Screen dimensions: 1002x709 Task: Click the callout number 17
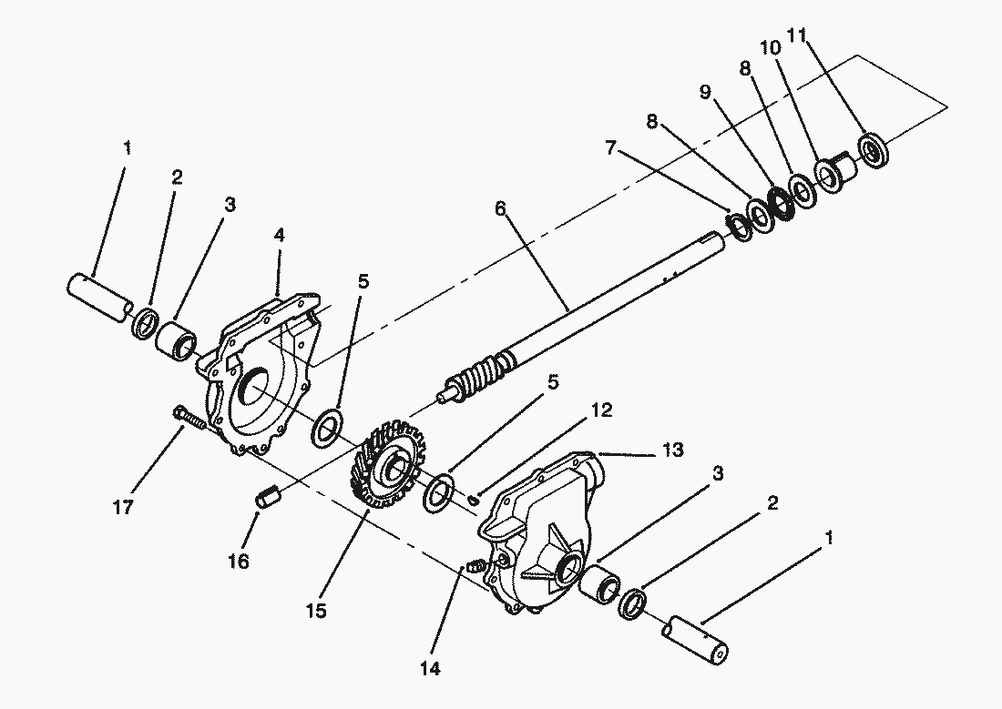[124, 507]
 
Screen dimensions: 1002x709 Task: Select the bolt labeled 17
[189, 419]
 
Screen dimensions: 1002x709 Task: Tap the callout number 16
[239, 562]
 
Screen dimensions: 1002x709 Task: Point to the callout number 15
[316, 611]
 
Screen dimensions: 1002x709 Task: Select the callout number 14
[430, 669]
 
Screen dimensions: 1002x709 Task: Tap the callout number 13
[672, 450]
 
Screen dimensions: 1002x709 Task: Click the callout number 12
[601, 410]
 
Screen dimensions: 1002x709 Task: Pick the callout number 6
[500, 208]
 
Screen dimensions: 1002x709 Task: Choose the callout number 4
[280, 235]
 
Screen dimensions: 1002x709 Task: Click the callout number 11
[797, 35]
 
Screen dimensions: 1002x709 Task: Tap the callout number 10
[770, 47]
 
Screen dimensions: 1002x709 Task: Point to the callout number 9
[705, 92]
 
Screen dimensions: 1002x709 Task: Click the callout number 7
[611, 148]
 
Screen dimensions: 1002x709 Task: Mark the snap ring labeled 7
[740, 227]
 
